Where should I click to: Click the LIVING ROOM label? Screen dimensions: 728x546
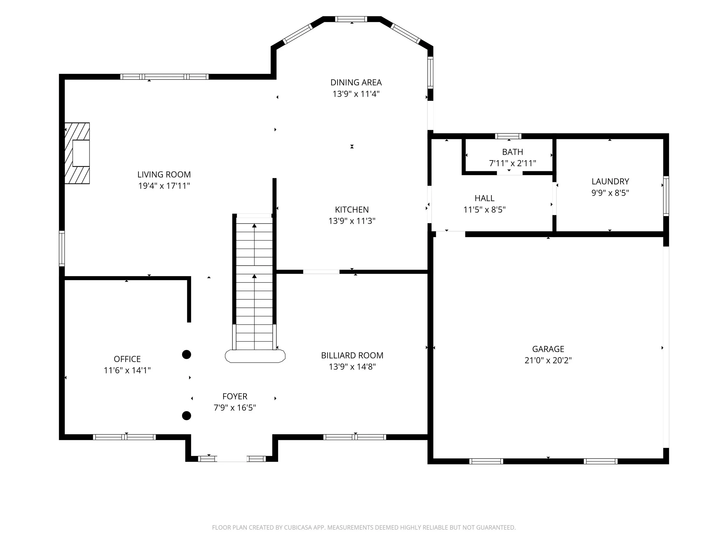(x=164, y=174)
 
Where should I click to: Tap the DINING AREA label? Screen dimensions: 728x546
(x=356, y=82)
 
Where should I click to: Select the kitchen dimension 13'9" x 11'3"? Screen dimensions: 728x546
(x=352, y=221)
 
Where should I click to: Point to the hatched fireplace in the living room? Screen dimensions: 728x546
(x=77, y=153)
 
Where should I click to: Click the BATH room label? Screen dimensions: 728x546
(x=513, y=152)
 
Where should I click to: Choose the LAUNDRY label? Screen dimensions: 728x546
(x=610, y=181)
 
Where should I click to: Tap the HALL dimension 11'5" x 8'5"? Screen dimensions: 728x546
(x=485, y=210)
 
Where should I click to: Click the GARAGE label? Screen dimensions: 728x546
(x=548, y=349)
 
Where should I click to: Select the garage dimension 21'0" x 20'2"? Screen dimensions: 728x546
(x=548, y=361)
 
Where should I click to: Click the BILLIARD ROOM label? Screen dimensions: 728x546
(x=352, y=356)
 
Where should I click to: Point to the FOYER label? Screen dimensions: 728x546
(x=235, y=396)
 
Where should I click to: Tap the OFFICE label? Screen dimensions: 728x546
(x=127, y=359)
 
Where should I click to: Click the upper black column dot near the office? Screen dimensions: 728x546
(x=187, y=354)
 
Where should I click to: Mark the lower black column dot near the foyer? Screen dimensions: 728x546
(x=187, y=416)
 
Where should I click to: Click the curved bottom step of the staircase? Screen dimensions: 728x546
(x=255, y=356)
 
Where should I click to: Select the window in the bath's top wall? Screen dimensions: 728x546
(x=508, y=136)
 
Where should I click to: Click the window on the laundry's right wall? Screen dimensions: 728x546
(x=666, y=196)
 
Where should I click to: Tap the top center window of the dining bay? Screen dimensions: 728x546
(x=351, y=19)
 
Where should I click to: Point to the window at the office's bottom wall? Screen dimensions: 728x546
(x=124, y=437)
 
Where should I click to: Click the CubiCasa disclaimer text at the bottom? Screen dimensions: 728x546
(x=364, y=528)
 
